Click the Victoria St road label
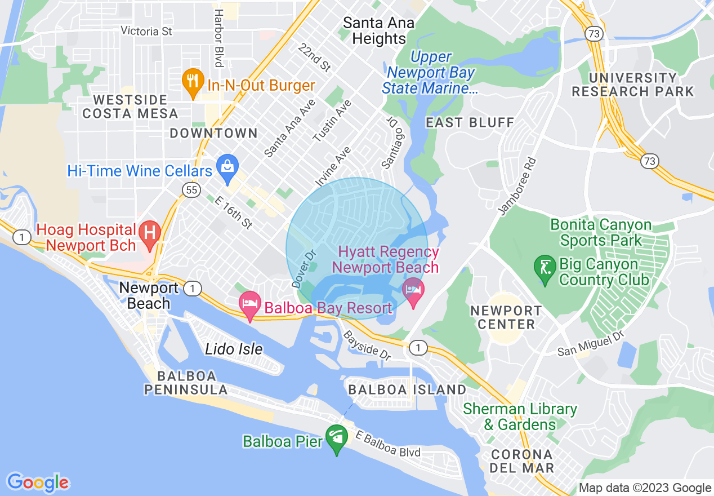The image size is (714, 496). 146,31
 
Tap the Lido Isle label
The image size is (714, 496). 234,349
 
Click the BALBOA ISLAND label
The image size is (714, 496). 407,389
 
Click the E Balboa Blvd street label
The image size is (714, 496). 388,444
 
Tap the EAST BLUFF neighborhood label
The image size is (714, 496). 470,122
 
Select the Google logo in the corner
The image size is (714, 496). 38,482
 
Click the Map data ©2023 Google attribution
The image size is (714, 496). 645,488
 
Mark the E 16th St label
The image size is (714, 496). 233,212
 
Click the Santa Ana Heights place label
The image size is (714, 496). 378,31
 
